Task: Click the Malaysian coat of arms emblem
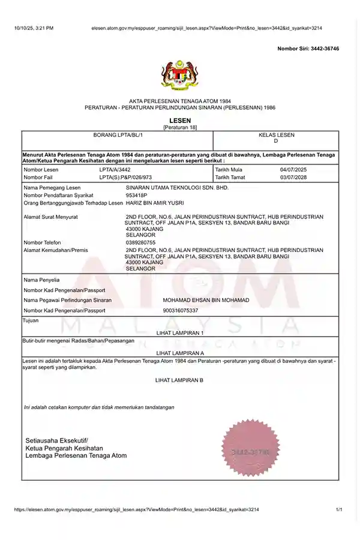pos(179,74)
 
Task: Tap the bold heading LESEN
pos(180,121)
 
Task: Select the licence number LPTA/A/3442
pos(115,170)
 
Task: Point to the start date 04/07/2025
pos(293,170)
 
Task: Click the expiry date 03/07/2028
pos(293,178)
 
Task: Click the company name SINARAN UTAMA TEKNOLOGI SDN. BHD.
pos(178,188)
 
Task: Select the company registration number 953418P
pos(136,196)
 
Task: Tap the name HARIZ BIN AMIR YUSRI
pos(155,203)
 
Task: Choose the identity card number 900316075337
pos(180,310)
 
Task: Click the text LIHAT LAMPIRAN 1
pos(180,332)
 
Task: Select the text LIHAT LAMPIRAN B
pos(179,380)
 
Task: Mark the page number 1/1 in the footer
pos(339,509)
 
